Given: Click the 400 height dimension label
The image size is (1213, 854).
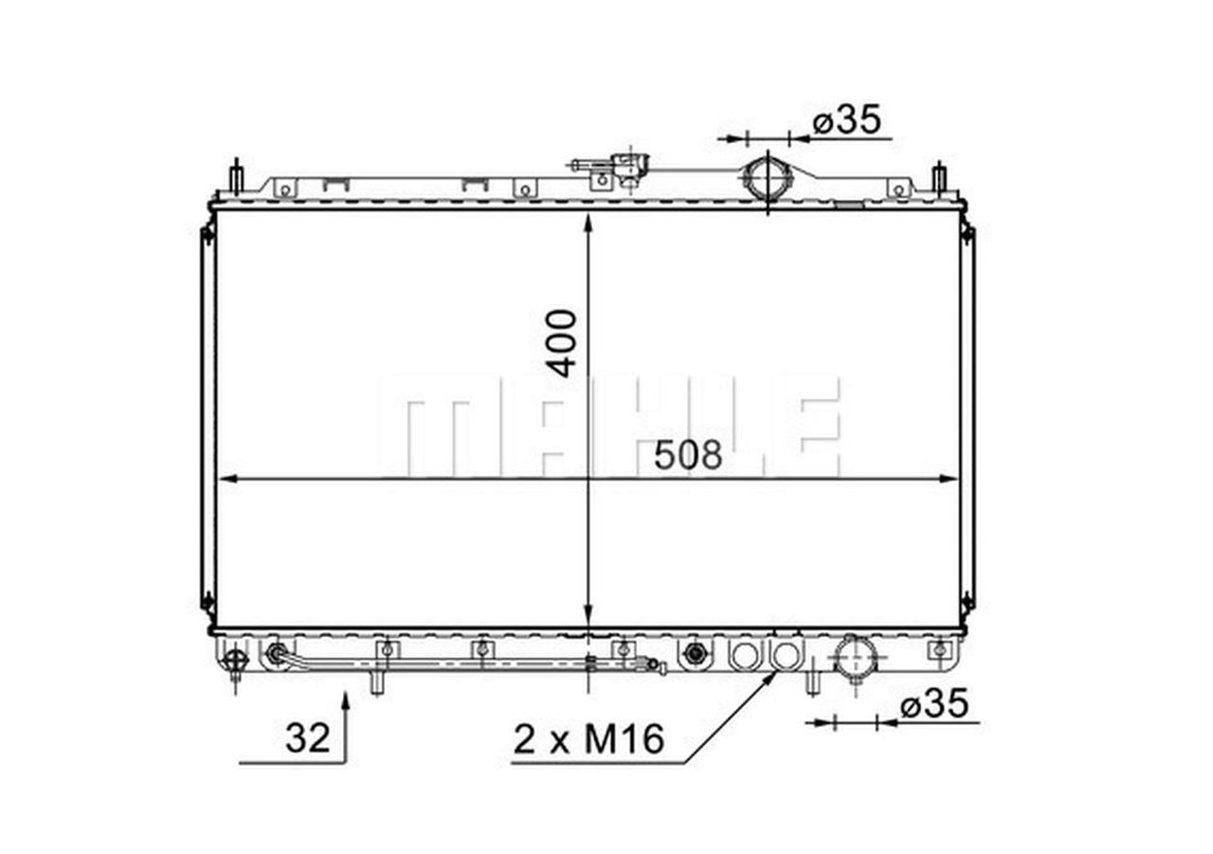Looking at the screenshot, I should pyautogui.click(x=563, y=342).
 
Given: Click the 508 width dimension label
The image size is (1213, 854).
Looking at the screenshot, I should pyautogui.click(x=688, y=456).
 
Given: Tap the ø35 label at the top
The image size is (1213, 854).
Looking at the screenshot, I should pyautogui.click(x=847, y=120).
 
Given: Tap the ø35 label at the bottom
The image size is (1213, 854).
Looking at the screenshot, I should pyautogui.click(x=934, y=704).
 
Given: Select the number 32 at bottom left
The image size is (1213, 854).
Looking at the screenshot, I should pyautogui.click(x=307, y=737).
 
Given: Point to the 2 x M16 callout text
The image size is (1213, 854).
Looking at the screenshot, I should pyautogui.click(x=588, y=739).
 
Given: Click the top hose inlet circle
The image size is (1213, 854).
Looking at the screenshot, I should pyautogui.click(x=766, y=177).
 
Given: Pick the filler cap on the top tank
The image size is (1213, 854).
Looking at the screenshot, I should pyautogui.click(x=625, y=166).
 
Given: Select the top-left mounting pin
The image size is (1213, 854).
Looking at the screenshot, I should pyautogui.click(x=236, y=177).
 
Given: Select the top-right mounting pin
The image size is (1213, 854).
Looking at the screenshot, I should pyautogui.click(x=939, y=177).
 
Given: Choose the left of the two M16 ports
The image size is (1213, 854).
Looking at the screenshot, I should pyautogui.click(x=745, y=653).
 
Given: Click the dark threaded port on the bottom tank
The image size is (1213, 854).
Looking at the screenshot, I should pyautogui.click(x=696, y=653).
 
